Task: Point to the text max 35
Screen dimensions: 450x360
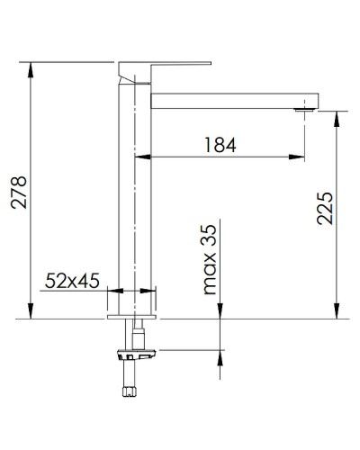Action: [x=210, y=261]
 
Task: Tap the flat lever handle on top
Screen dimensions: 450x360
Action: [x=166, y=67]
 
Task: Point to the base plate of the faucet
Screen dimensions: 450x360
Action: [x=132, y=316]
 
